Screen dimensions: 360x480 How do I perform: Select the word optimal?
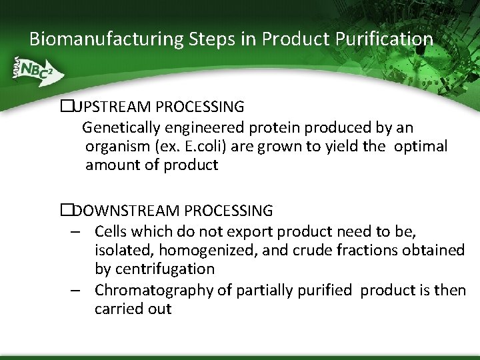click(421, 147)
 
